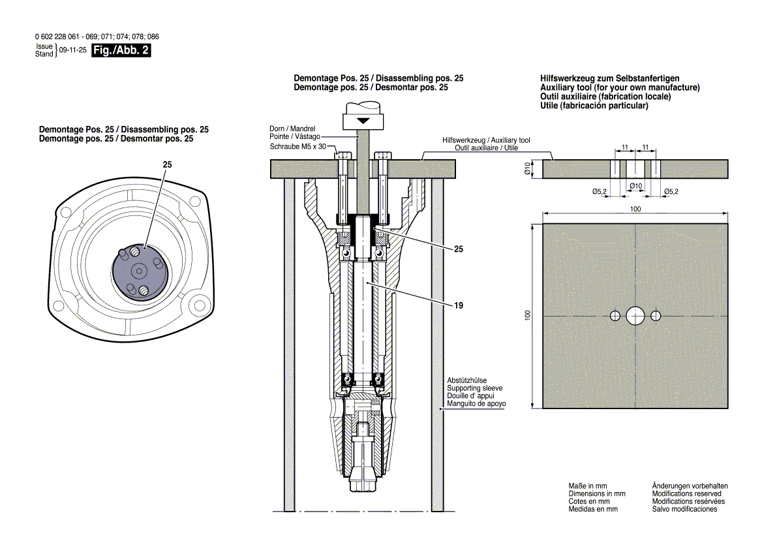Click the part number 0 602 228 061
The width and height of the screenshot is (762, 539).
click(58, 37)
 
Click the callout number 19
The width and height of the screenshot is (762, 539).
click(450, 305)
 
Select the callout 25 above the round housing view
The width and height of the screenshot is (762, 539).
click(167, 166)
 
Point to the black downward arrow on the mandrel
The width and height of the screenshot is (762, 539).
click(363, 121)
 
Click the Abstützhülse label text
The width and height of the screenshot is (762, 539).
click(466, 380)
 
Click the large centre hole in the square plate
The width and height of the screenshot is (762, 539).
click(635, 316)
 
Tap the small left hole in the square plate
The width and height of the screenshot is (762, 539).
click(615, 316)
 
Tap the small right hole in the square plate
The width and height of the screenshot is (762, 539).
click(655, 316)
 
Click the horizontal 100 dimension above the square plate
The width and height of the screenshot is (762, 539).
click(635, 208)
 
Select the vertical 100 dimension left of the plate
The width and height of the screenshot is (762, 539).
click(528, 315)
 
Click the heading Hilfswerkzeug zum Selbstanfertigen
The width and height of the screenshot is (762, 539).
click(610, 78)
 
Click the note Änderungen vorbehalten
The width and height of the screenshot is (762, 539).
click(690, 486)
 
